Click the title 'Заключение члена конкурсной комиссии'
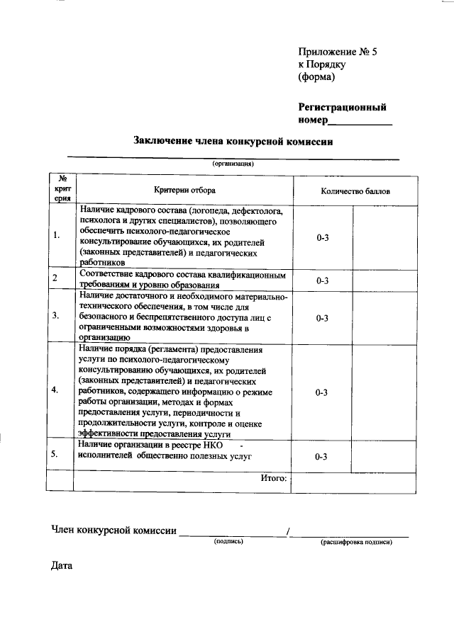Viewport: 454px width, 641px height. pos(233,142)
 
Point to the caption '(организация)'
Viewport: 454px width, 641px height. pos(233,163)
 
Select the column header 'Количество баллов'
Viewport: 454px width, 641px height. pos(354,191)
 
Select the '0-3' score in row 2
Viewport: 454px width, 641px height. pos(321,280)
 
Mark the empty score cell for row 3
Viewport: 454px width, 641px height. pos(385,317)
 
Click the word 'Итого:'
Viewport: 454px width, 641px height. pos(273,479)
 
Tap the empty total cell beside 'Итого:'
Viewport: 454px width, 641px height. pos(353,482)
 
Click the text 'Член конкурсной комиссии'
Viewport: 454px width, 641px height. pos(113,530)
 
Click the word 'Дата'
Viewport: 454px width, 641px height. pos(62,566)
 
